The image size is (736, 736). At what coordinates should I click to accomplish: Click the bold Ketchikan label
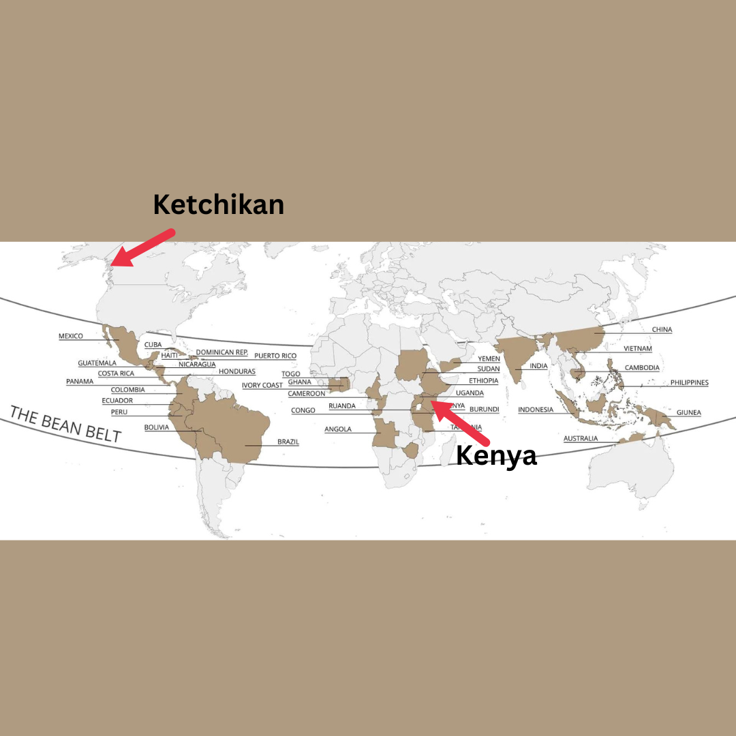218,204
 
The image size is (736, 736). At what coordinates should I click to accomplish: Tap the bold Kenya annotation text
496,455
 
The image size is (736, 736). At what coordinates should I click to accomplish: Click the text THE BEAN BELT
65,424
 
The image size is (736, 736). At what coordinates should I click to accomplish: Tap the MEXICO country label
71,336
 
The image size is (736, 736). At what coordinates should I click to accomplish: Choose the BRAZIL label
288,442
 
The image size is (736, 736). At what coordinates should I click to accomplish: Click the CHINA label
662,330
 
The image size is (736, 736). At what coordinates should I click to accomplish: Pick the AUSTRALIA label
581,438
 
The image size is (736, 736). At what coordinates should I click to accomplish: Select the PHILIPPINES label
689,383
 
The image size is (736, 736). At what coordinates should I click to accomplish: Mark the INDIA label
538,366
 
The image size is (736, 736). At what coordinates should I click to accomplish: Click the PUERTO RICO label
275,356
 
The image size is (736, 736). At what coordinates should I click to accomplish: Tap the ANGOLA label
338,429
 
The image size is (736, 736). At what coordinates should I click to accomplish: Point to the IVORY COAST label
262,386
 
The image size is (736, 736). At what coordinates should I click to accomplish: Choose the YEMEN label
489,358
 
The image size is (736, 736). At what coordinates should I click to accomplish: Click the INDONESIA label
536,410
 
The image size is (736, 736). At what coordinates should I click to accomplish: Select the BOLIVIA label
157,428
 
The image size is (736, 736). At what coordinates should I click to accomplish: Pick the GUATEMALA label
97,363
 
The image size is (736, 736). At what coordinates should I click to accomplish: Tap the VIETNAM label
637,349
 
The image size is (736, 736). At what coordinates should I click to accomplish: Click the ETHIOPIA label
483,380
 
